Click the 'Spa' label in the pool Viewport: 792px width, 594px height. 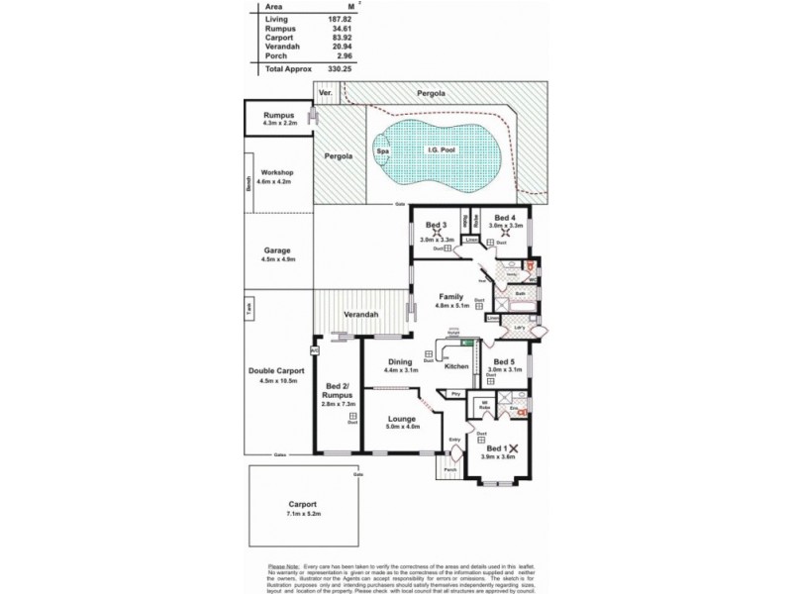[x=382, y=150]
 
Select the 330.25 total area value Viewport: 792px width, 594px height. [x=342, y=69]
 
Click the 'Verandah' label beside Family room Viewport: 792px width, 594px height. [x=360, y=314]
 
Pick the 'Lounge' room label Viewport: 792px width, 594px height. [x=403, y=419]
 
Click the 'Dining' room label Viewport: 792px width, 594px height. [x=401, y=361]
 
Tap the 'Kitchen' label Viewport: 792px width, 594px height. [x=456, y=367]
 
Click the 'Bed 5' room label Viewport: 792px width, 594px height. [x=504, y=361]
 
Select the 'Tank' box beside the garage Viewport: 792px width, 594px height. [x=248, y=307]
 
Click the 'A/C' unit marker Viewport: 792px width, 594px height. [x=314, y=350]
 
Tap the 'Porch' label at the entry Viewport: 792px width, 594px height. [x=449, y=469]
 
